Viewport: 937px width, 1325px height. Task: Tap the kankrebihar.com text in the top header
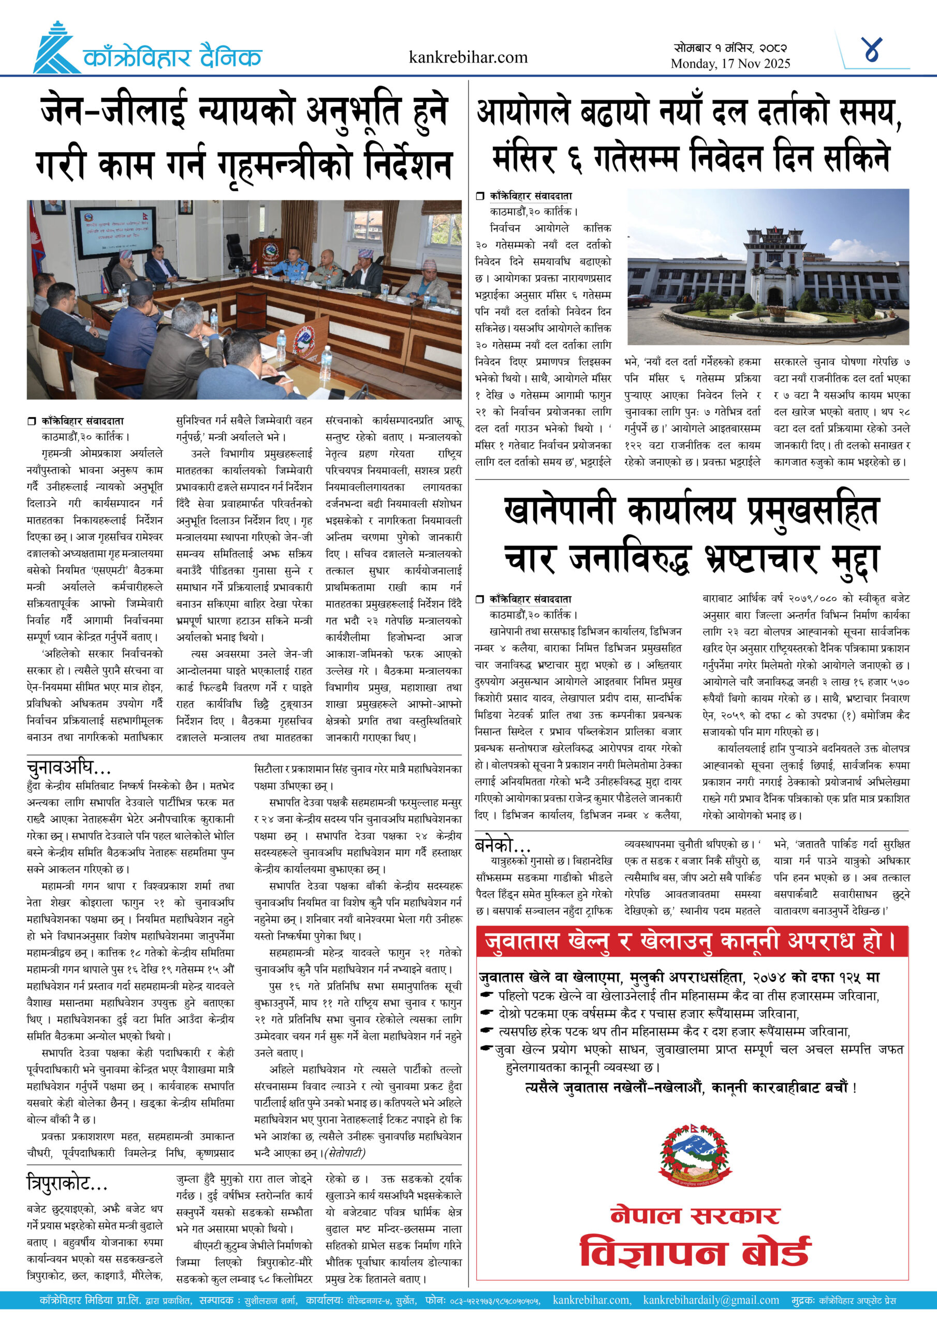pos(467,57)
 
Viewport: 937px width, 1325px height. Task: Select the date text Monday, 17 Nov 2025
pos(730,64)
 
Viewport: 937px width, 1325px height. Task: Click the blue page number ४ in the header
pos(871,51)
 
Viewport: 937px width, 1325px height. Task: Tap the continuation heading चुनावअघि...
pos(68,768)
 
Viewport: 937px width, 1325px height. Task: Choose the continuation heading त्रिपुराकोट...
pos(67,1184)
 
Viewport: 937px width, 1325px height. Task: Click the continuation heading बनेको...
pos(502,845)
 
